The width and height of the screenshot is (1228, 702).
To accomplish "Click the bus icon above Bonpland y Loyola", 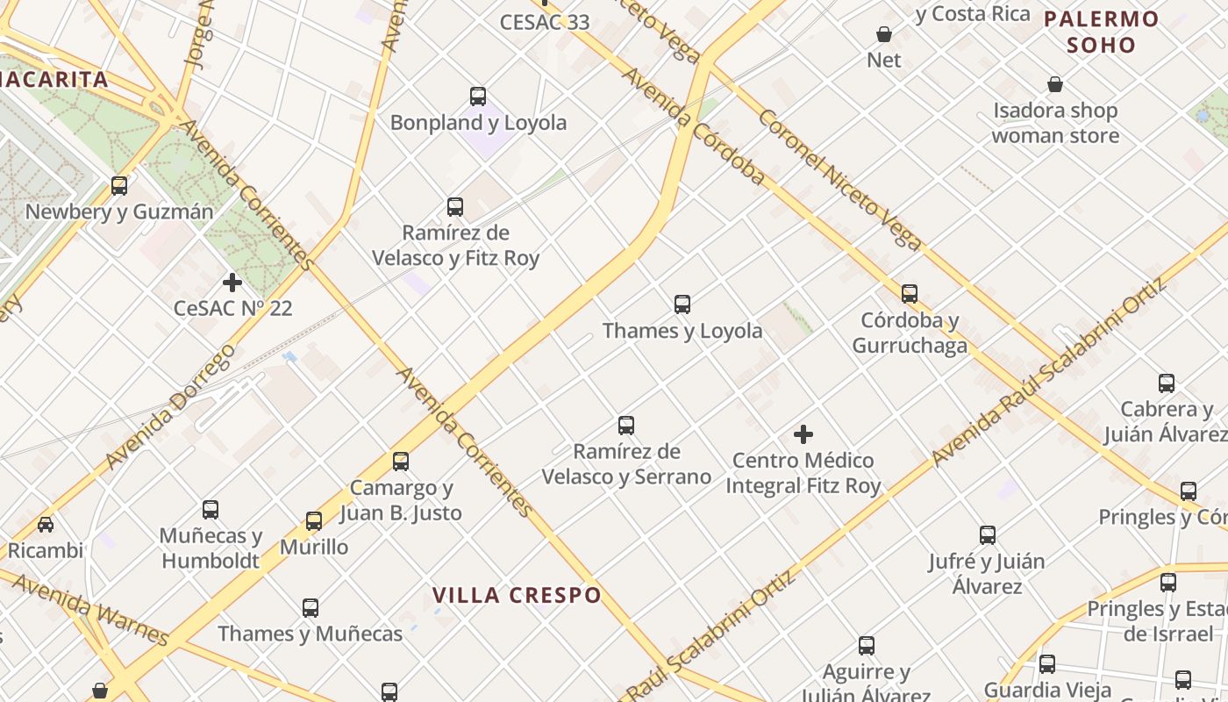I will pyautogui.click(x=478, y=97).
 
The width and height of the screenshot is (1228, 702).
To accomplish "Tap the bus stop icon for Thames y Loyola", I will pyautogui.click(x=682, y=304).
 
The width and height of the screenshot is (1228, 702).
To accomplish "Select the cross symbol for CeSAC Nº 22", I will pyautogui.click(x=232, y=283).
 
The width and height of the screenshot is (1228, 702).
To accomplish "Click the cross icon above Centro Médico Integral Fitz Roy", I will pyautogui.click(x=803, y=434).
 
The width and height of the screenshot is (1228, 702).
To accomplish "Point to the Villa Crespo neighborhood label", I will pyautogui.click(x=517, y=595).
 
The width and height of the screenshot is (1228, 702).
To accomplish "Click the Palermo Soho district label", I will pyautogui.click(x=1102, y=32).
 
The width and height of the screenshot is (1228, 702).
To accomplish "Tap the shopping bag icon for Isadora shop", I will pyautogui.click(x=1055, y=85).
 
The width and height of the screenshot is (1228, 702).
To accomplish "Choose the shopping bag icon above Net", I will pyautogui.click(x=884, y=34).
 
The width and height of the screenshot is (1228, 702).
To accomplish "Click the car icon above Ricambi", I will pyautogui.click(x=45, y=525).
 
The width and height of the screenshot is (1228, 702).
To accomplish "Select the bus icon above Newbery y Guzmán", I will pyautogui.click(x=119, y=186).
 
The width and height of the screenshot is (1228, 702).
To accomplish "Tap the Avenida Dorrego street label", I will pyautogui.click(x=170, y=405).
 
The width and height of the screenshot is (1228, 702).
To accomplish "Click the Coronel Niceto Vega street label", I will pyautogui.click(x=839, y=180).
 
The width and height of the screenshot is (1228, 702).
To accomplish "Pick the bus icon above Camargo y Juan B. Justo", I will pyautogui.click(x=401, y=462).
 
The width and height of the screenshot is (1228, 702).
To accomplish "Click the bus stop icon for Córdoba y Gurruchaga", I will pyautogui.click(x=910, y=294).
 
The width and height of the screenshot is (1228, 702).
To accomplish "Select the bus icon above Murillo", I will pyautogui.click(x=314, y=521).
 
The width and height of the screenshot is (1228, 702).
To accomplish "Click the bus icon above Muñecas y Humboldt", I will pyautogui.click(x=211, y=510).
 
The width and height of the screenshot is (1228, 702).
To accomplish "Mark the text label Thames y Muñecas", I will pyautogui.click(x=310, y=634).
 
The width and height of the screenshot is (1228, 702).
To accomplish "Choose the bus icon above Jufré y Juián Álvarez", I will pyautogui.click(x=988, y=535).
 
